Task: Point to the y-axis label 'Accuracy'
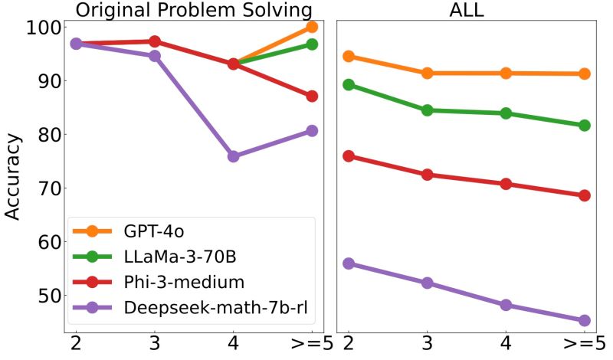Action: click(x=13, y=176)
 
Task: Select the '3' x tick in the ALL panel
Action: click(x=427, y=342)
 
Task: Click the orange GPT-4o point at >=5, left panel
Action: click(x=312, y=27)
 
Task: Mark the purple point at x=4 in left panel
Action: click(x=233, y=156)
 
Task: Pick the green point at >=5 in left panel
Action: click(x=312, y=44)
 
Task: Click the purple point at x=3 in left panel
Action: click(x=154, y=56)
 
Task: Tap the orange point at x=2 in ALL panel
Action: click(x=349, y=56)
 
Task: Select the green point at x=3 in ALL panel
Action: click(x=427, y=110)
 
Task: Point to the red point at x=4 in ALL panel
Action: click(x=506, y=184)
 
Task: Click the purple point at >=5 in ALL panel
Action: click(x=584, y=320)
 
